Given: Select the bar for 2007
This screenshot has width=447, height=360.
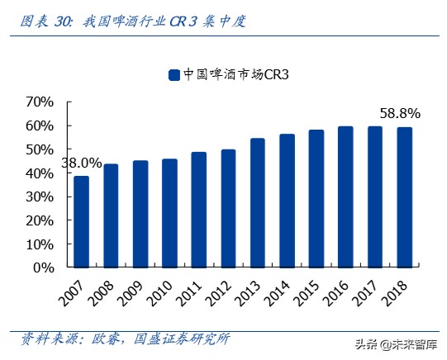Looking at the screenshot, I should [81, 221].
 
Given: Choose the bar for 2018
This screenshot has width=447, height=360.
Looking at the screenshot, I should [404, 197].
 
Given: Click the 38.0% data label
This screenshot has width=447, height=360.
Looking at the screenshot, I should [81, 163].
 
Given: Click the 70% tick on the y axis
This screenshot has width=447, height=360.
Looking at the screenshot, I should [39, 102].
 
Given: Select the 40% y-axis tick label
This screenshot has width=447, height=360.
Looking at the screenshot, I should [39, 173].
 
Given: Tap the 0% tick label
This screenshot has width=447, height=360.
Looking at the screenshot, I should [43, 268].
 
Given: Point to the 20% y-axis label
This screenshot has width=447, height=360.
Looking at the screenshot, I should [39, 221].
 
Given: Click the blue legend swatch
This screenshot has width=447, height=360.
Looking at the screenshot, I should [174, 75].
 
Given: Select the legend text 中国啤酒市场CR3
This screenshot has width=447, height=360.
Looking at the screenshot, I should [235, 75].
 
